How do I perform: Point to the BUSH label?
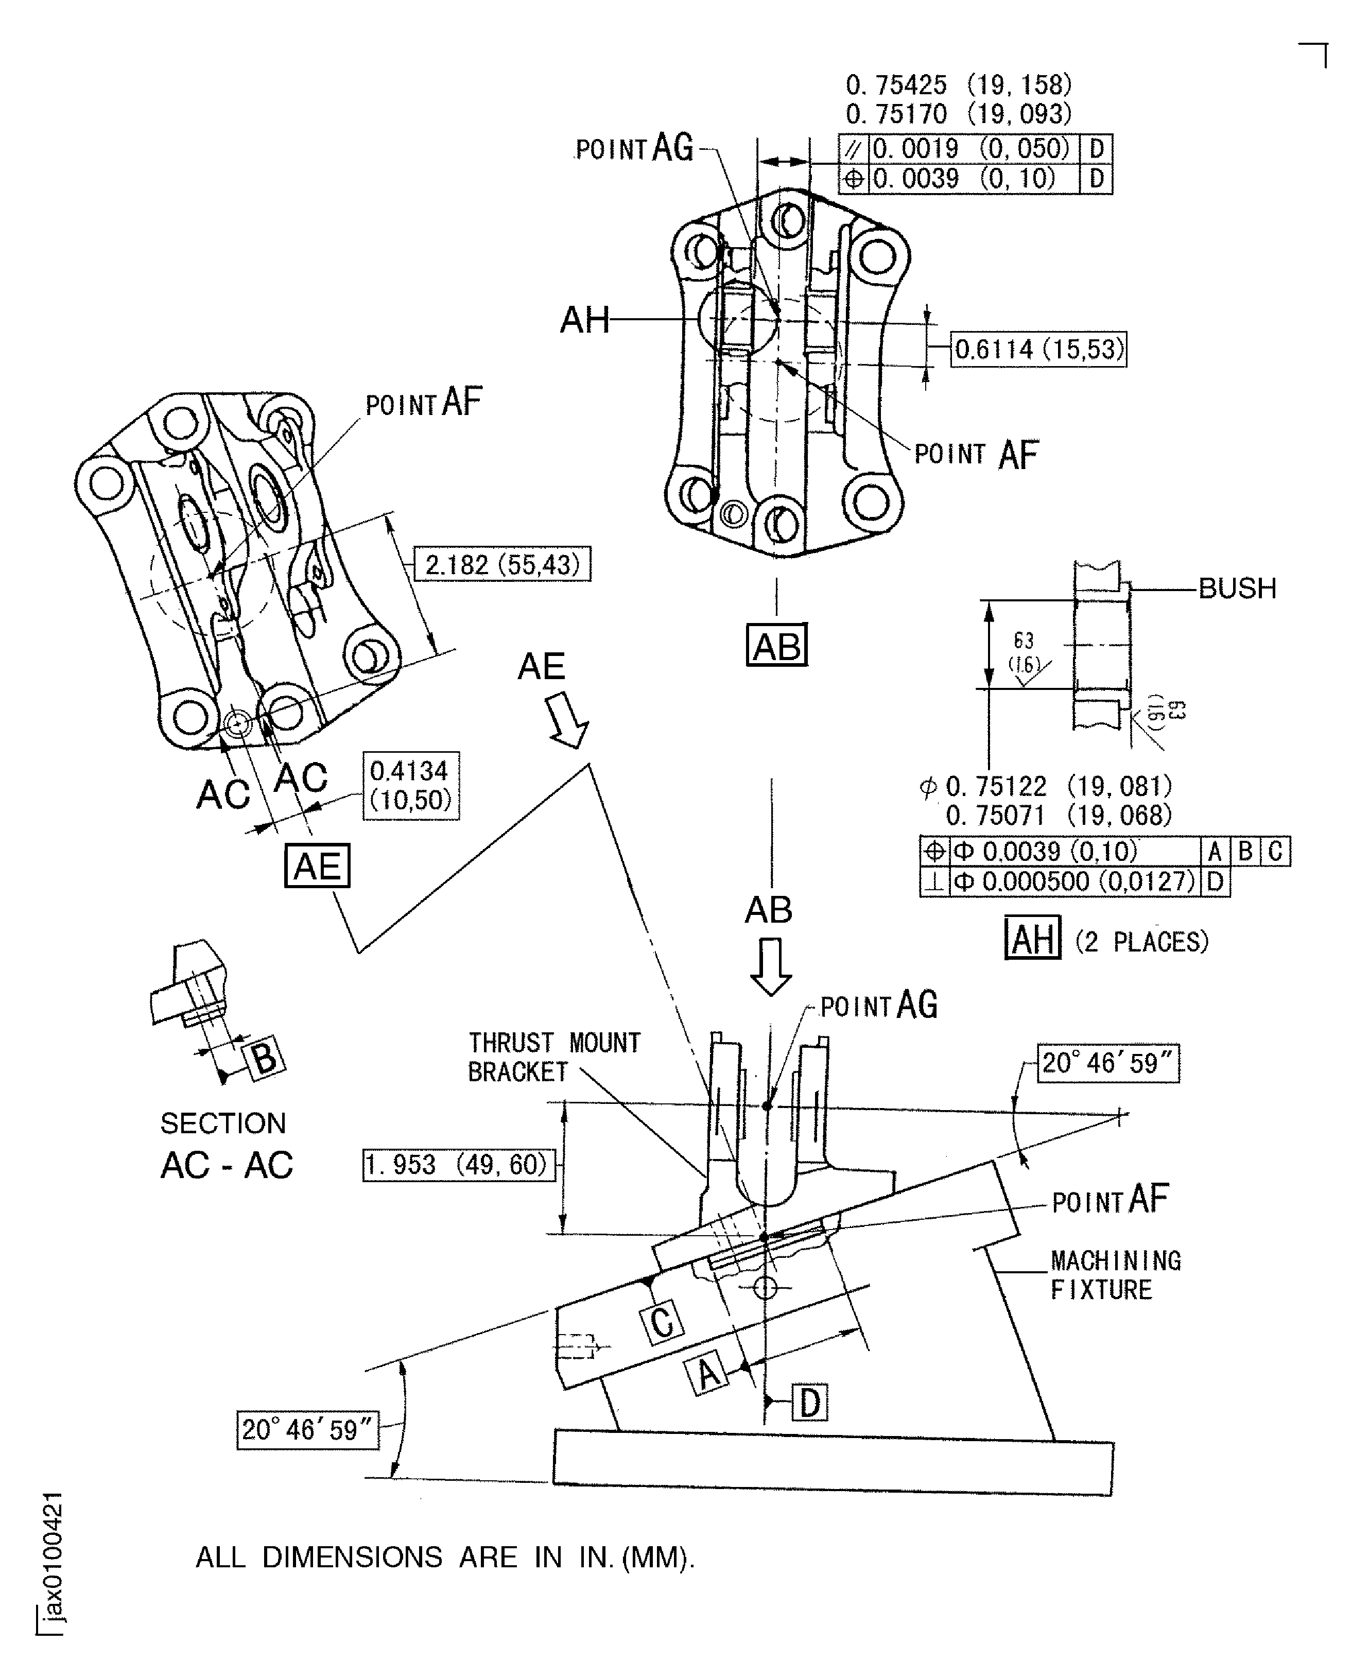(1237, 588)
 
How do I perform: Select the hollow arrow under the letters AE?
(568, 720)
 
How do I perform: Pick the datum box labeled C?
(663, 1322)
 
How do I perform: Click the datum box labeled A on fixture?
(708, 1373)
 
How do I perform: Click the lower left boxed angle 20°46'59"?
(307, 1430)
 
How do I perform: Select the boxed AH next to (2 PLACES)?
(1032, 938)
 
